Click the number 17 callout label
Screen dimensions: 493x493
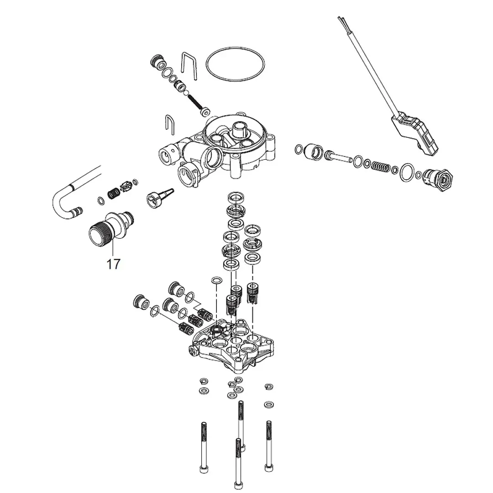[114, 264]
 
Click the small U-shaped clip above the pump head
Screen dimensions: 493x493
[169, 125]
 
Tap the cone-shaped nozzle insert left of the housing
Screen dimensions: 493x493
[160, 198]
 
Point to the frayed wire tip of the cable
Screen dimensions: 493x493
[341, 20]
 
